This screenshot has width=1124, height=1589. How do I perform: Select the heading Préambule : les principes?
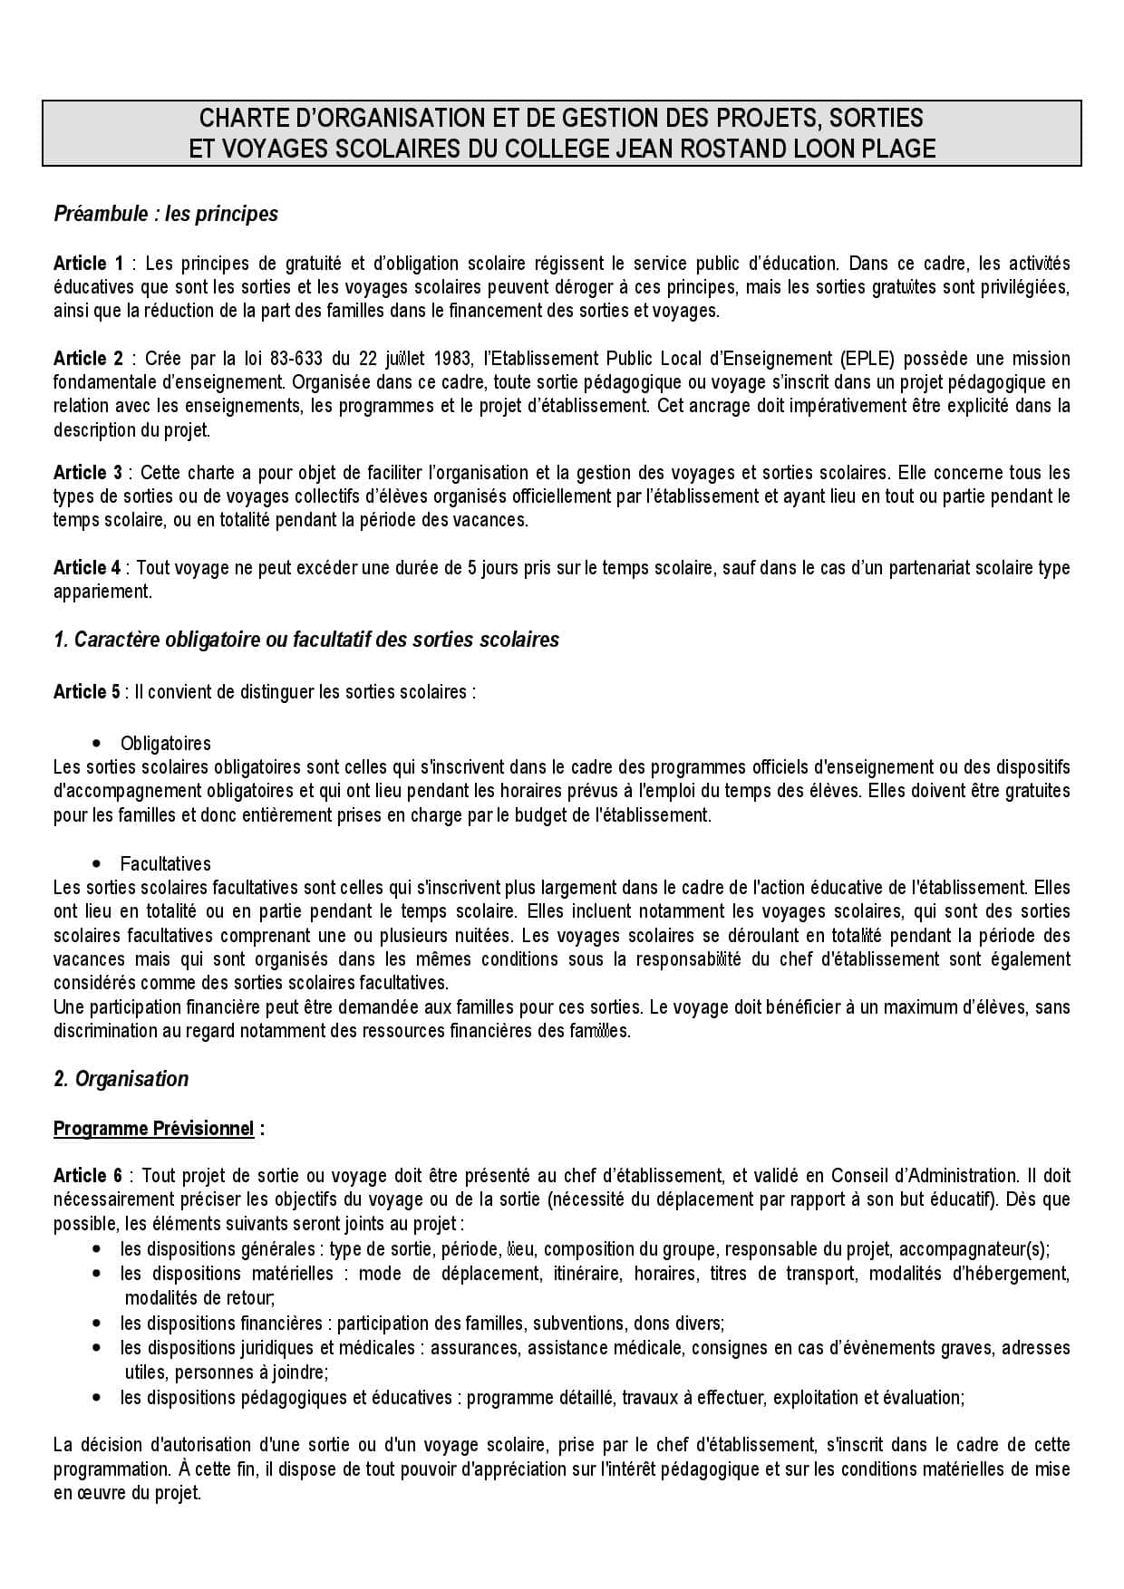(x=166, y=214)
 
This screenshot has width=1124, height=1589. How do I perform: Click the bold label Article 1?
(x=88, y=264)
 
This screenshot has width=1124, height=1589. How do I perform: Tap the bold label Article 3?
(x=88, y=473)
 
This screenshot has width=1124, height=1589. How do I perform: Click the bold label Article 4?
(x=87, y=568)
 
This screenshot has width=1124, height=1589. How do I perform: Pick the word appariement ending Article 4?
(x=102, y=592)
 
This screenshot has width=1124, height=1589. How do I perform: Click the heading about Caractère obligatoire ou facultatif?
(x=306, y=640)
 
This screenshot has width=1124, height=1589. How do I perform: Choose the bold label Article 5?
(x=86, y=692)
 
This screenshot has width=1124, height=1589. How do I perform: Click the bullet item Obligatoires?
(x=165, y=744)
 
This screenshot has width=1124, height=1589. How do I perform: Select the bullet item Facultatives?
(x=165, y=864)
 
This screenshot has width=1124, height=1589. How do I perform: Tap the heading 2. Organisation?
(x=121, y=1079)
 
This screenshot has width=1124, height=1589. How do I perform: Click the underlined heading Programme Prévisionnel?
(x=153, y=1129)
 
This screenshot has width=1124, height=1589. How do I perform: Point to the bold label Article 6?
(x=88, y=1176)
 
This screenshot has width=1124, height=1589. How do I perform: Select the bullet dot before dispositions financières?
(x=97, y=1324)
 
